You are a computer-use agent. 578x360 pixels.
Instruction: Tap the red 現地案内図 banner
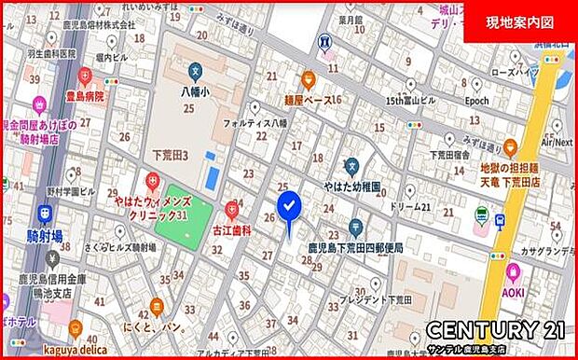point(520,21)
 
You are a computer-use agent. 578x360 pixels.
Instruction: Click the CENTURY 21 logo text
point(495,328)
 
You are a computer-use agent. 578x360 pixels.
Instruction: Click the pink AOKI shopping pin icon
point(513,270)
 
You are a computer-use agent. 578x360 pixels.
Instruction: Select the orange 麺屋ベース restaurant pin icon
point(308,80)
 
